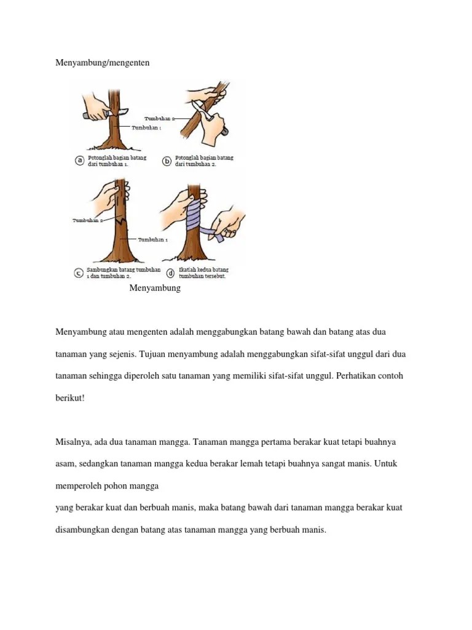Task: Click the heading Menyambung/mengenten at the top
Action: pyautogui.click(x=102, y=63)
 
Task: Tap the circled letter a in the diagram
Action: pyautogui.click(x=79, y=161)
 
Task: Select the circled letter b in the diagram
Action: pyautogui.click(x=167, y=161)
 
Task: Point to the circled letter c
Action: pyautogui.click(x=79, y=273)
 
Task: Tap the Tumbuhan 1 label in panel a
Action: pyautogui.click(x=147, y=128)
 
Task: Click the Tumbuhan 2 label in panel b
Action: pyautogui.click(x=159, y=118)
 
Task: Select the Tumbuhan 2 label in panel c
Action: pyautogui.click(x=87, y=220)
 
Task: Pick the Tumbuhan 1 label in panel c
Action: pyautogui.click(x=152, y=239)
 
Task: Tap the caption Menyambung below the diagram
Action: pyautogui.click(x=155, y=288)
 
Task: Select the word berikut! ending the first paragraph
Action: pyautogui.click(x=70, y=398)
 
